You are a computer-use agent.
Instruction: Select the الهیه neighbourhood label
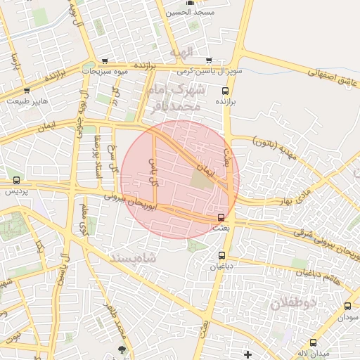coord(181,52)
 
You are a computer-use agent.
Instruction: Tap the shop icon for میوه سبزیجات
coord(105,61)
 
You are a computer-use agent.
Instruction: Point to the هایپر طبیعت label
coord(27,101)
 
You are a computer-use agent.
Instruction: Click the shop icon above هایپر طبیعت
coord(27,91)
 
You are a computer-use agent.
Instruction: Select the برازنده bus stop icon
coord(225,91)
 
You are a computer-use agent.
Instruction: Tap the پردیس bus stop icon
coord(16,180)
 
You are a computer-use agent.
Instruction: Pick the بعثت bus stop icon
coord(221,217)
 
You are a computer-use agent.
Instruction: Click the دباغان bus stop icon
coord(222,255)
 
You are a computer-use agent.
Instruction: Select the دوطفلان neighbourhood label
coord(294,304)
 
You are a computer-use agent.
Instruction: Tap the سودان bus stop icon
coord(347,307)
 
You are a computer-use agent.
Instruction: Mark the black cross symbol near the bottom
coord(247,352)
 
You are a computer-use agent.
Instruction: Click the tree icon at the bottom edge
coord(123,348)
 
